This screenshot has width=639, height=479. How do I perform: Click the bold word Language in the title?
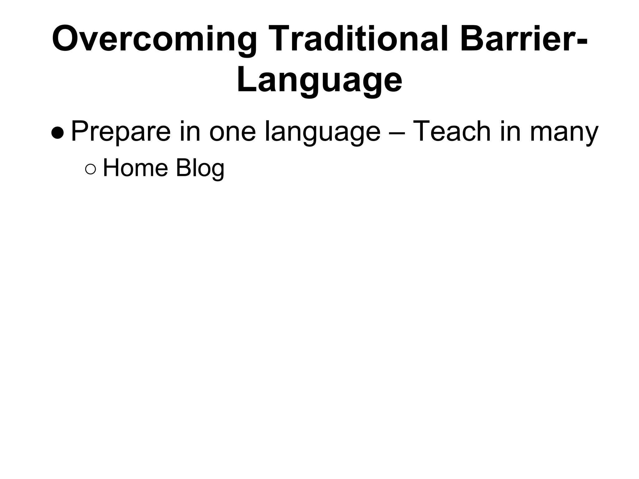click(319, 80)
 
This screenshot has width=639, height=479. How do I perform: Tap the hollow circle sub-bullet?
click(90, 169)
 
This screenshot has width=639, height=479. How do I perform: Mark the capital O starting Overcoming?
click(66, 39)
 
